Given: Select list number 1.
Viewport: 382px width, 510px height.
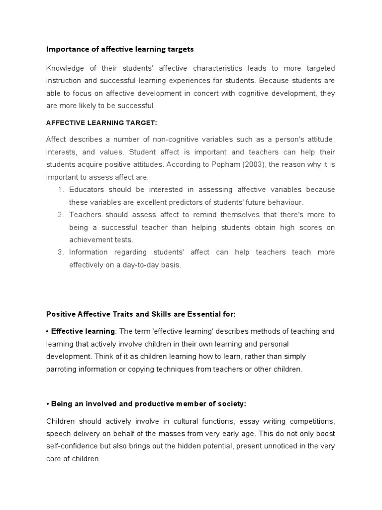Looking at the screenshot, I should click(61, 190).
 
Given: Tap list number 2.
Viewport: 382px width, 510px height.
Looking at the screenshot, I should click(61, 215).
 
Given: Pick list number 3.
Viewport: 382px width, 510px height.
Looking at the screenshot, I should click(61, 252).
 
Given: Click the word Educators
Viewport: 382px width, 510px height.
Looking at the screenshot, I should click(88, 190).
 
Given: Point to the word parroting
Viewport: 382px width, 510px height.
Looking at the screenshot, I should click(63, 369).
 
